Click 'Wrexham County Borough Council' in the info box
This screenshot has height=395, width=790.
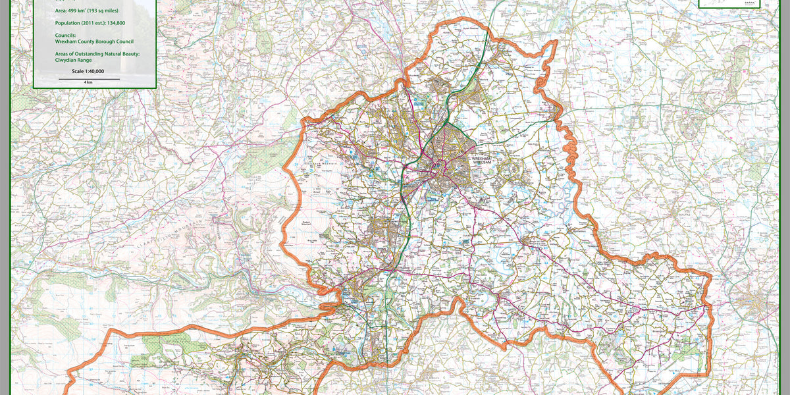coord(94,41)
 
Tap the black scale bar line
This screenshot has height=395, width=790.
coord(89,79)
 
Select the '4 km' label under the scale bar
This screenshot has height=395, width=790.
coord(88,82)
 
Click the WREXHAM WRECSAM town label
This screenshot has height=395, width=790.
coord(482,161)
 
